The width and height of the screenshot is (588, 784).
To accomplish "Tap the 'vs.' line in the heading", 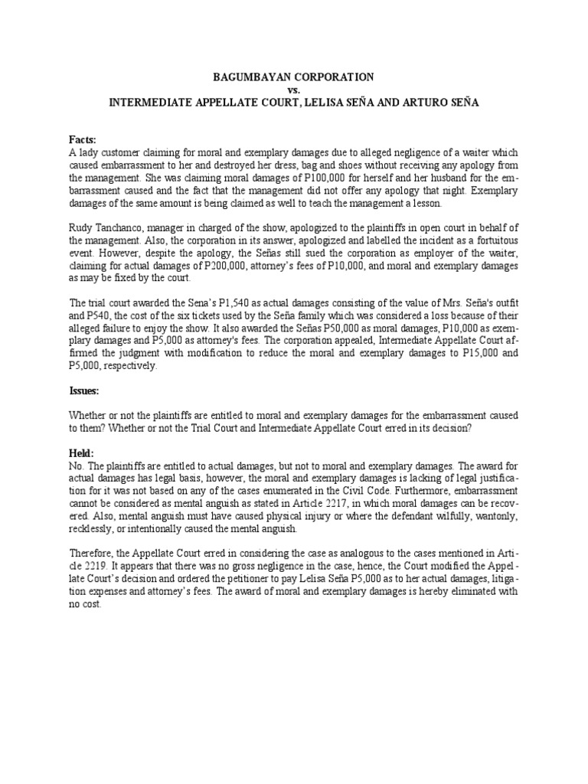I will coord(294,90).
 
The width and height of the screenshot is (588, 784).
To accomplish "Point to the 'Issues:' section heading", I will coord(84,390).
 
